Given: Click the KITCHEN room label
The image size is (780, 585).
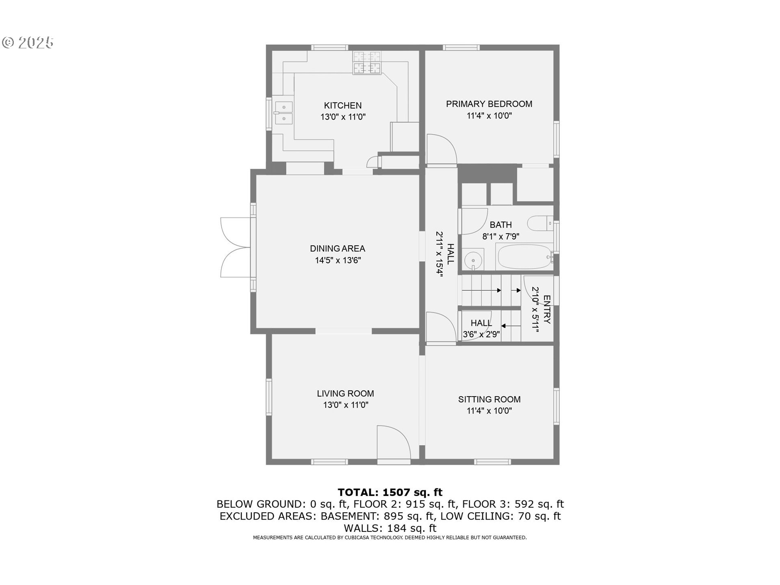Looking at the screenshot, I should pyautogui.click(x=342, y=106).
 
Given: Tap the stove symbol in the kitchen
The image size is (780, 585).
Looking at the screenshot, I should pyautogui.click(x=367, y=63).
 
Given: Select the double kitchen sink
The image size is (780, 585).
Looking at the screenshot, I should pyautogui.click(x=283, y=113).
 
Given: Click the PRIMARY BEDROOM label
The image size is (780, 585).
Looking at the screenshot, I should pyautogui.click(x=489, y=104).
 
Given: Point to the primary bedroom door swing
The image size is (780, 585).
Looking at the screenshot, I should pyautogui.click(x=442, y=150).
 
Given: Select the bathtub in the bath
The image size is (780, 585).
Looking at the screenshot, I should pyautogui.click(x=524, y=257).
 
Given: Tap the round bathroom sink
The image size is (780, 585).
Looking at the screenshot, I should pyautogui.click(x=473, y=260).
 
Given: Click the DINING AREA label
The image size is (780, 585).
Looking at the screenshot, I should pyautogui.click(x=337, y=249).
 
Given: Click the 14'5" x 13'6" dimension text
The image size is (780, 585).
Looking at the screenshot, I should pyautogui.click(x=338, y=260).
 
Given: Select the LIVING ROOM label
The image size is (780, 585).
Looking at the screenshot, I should pyautogui.click(x=345, y=393).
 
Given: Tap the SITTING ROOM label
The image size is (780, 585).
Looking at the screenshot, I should pyautogui.click(x=489, y=399).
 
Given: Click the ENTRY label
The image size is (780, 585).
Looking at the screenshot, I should pyautogui.click(x=547, y=310).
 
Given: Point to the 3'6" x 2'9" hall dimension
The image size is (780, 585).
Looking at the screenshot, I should pyautogui.click(x=481, y=335).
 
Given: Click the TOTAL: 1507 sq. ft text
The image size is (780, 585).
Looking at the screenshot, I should pyautogui.click(x=390, y=492).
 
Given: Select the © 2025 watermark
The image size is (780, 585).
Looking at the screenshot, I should pyautogui.click(x=28, y=43).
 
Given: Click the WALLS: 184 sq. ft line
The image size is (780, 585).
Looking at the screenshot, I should pyautogui.click(x=390, y=528).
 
